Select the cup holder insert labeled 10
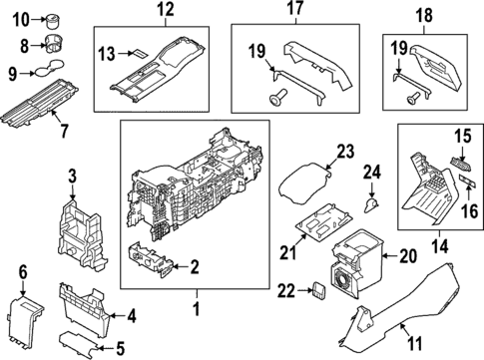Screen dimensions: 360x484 [x=52, y=18]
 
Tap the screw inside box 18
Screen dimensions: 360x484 [x=410, y=97]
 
